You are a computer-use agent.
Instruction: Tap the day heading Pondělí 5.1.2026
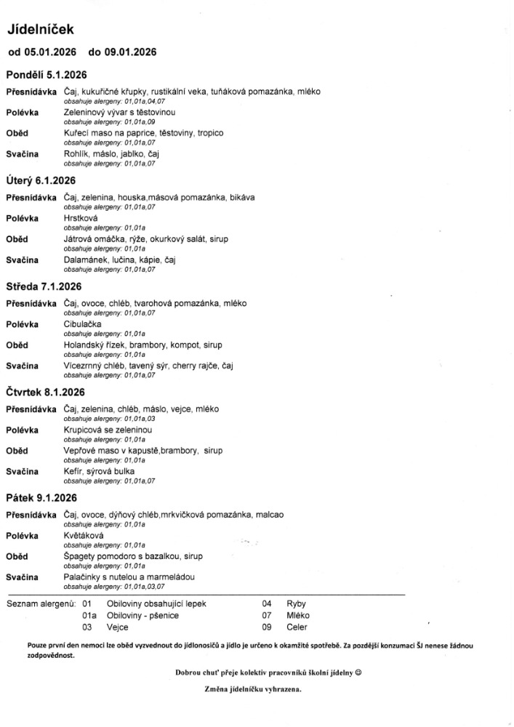[46, 75]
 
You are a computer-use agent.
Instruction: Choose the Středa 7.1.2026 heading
[44, 286]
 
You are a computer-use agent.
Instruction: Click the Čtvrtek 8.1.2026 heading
[46, 392]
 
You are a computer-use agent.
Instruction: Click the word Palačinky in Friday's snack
[83, 577]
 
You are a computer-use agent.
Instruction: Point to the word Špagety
[81, 555]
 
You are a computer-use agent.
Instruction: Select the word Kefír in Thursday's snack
[73, 471]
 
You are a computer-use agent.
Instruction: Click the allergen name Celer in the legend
[297, 627]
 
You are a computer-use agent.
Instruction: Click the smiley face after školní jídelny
[358, 672]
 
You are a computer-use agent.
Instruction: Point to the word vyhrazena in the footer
[282, 689]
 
